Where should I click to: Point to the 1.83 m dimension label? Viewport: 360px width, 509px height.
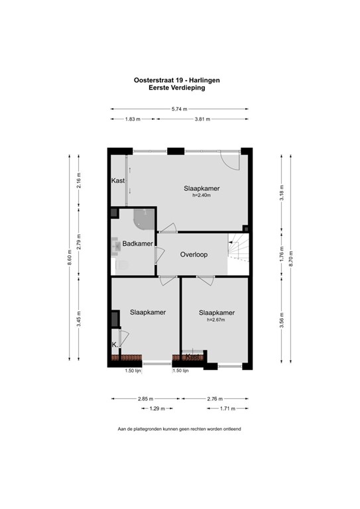pos(133,119)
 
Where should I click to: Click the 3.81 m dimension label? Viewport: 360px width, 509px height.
pos(202,119)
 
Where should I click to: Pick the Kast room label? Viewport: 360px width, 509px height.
pos(118,180)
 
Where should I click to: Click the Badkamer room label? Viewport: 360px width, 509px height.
pos(138,245)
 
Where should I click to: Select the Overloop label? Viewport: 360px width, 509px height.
pos(194,254)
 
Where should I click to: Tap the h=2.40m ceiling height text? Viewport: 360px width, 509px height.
pos(202,196)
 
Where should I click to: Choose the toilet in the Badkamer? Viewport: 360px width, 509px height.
pos(121,265)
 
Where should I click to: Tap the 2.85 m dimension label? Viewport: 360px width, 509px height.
pos(145,398)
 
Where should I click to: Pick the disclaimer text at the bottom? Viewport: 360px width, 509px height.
pos(179,429)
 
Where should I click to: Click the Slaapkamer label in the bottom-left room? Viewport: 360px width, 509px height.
pos(147,311)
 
